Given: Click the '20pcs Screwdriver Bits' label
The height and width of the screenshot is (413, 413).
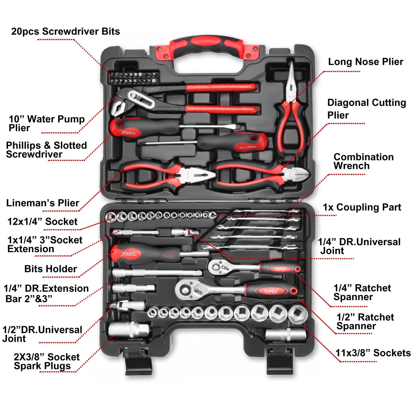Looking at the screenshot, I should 65,31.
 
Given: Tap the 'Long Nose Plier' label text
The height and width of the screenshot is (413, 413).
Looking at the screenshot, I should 365,62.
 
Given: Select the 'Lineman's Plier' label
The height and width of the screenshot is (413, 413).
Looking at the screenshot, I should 43,203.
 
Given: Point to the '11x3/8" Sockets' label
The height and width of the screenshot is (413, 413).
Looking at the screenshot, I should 373,353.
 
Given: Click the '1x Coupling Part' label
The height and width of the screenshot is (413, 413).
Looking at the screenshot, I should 362,207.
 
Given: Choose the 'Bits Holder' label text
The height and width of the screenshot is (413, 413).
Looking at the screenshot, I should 51,269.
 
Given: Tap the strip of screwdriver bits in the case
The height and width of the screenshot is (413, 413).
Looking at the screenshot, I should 134,78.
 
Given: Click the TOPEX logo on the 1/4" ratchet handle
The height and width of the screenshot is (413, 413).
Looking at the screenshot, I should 280,269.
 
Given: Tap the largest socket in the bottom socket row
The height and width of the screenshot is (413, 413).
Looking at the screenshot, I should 297,314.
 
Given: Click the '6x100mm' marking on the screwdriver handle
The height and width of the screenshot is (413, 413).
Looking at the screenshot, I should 248,147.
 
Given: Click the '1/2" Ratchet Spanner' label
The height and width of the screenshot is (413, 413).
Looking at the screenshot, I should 365,322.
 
